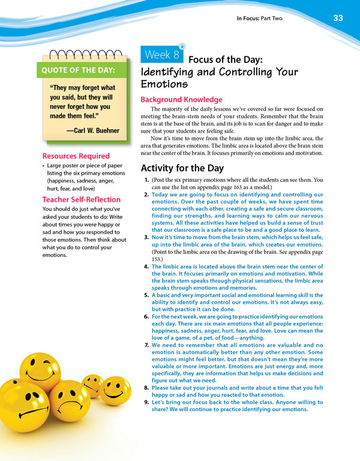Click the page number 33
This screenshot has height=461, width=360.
[x=338, y=18]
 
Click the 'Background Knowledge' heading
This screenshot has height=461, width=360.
[x=181, y=99]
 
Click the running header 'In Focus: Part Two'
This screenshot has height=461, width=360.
[x=260, y=19]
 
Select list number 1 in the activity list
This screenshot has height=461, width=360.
[x=147, y=180]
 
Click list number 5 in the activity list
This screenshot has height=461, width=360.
[x=147, y=296]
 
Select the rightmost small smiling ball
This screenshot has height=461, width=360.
[x=115, y=390]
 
